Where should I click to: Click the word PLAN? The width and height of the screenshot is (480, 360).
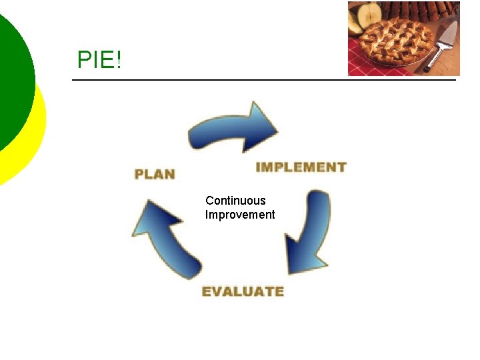(155, 175)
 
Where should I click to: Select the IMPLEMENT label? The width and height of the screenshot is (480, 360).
(301, 167)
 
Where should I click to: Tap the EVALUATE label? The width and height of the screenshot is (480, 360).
(243, 291)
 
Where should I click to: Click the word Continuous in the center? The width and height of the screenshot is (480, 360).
(235, 201)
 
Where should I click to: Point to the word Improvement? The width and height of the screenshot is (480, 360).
(240, 215)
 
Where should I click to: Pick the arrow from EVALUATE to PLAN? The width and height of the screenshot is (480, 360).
(167, 239)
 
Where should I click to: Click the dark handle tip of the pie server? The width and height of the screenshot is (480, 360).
(427, 67)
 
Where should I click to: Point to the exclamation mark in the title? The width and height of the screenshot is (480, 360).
(119, 61)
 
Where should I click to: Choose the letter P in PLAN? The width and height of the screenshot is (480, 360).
(140, 175)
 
